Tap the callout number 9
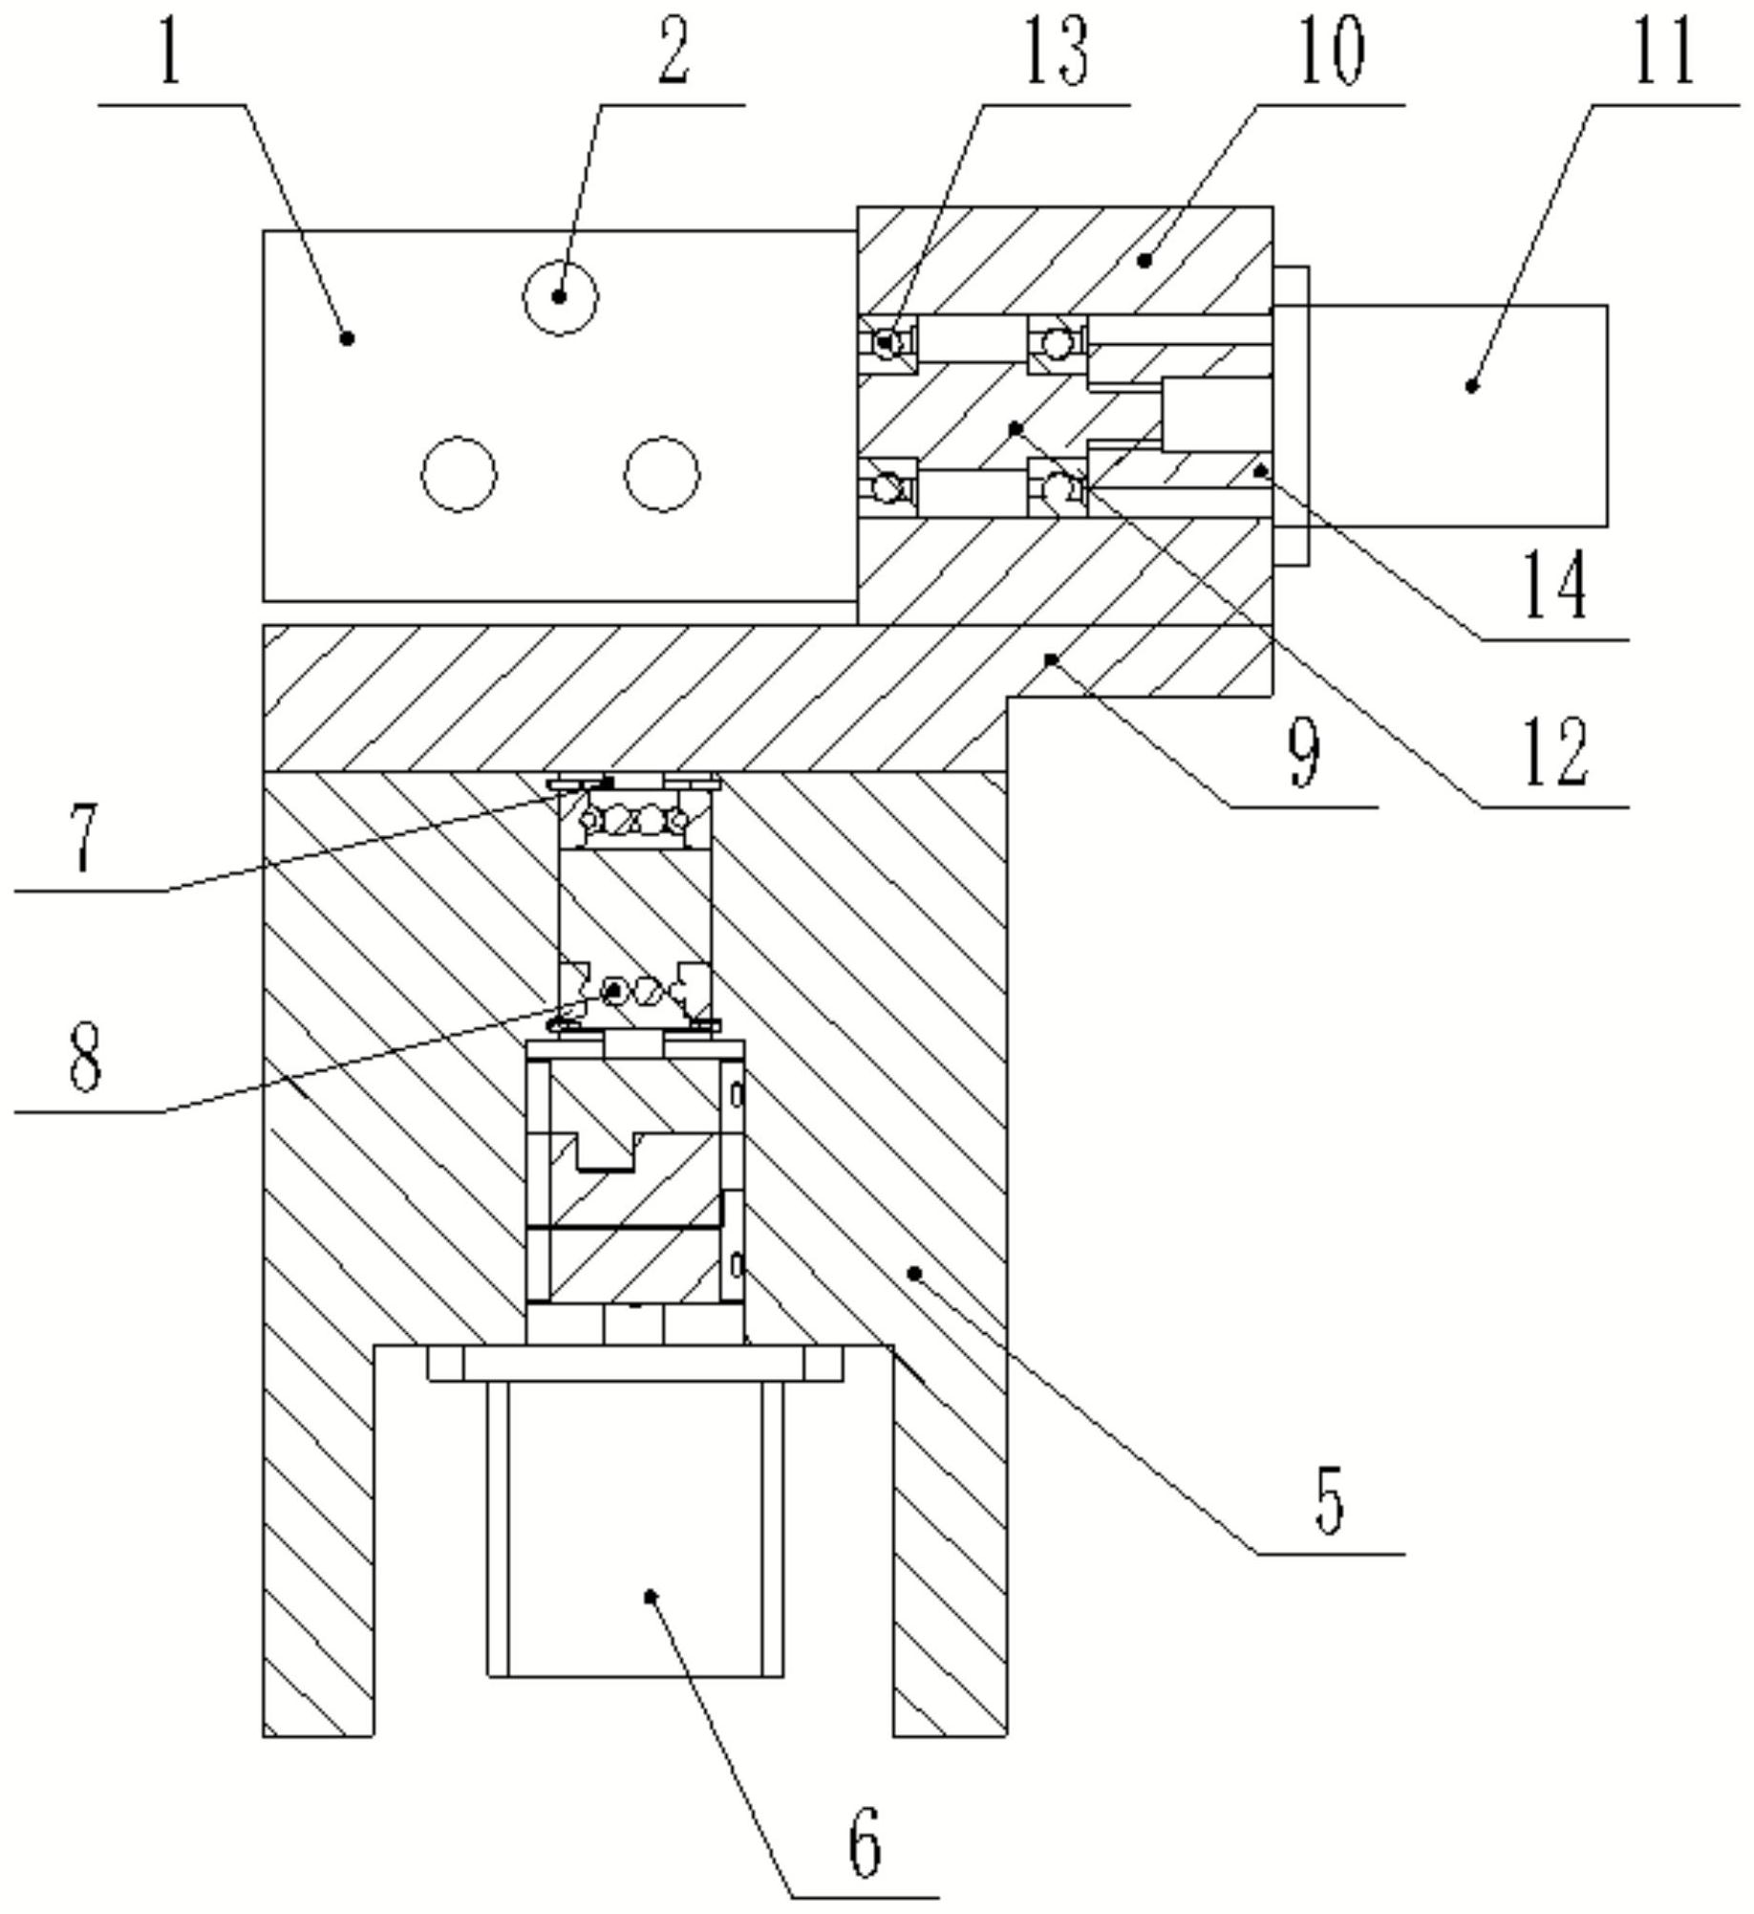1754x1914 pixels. [1304, 751]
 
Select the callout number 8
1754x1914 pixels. [85, 1056]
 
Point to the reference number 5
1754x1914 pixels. [1329, 1498]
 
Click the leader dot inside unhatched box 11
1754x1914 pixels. [1472, 386]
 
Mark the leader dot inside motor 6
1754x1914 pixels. [651, 1595]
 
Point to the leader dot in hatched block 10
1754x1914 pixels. [1144, 260]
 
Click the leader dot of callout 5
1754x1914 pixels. [914, 1272]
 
